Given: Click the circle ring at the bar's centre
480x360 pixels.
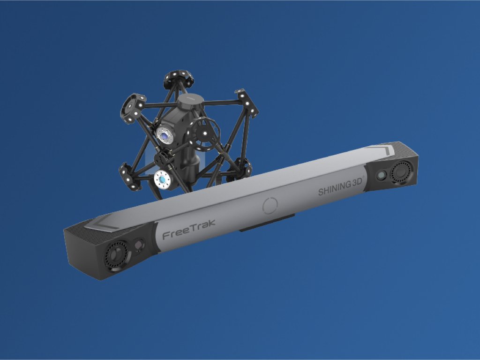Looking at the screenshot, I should [270, 205].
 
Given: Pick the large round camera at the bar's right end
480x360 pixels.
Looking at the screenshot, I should [402, 172].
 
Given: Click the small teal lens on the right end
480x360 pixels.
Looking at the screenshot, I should [382, 175].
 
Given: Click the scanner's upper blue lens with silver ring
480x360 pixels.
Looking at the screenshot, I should [165, 135].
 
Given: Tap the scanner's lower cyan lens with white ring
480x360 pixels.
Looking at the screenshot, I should [162, 180].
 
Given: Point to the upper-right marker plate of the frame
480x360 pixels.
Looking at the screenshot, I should [247, 102].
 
